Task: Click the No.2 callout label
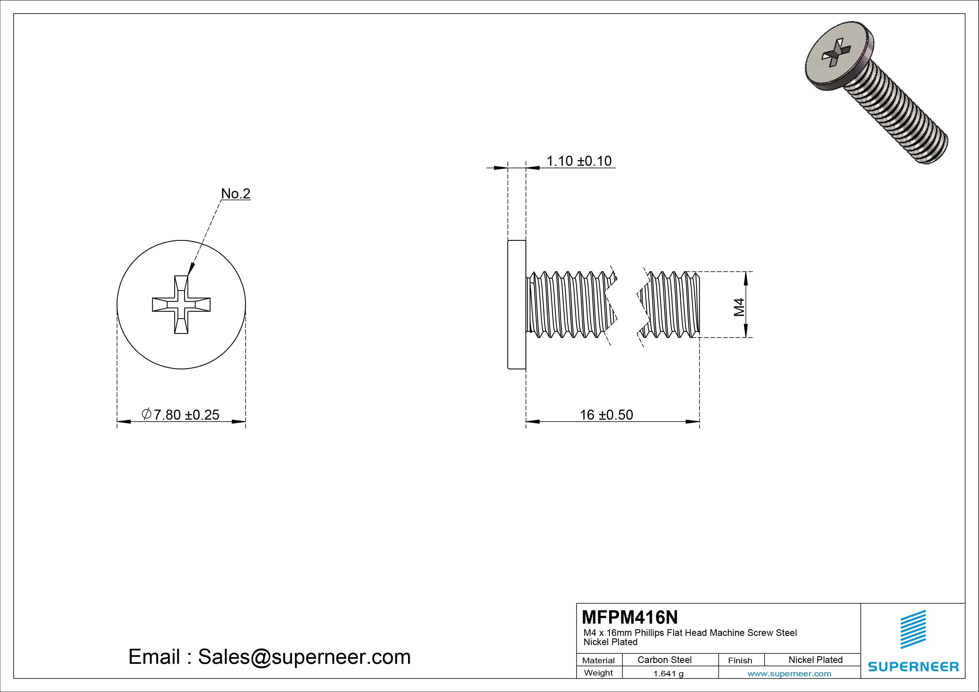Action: tap(235, 194)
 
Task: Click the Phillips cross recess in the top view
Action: tap(181, 304)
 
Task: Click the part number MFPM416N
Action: tap(629, 617)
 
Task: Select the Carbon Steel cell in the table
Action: tap(664, 660)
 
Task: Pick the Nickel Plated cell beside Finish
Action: tap(815, 660)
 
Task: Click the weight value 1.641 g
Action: tap(668, 674)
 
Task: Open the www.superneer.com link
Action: tap(789, 674)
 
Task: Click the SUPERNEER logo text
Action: tap(913, 666)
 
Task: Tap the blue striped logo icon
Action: tap(913, 629)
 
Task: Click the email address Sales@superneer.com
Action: tap(304, 657)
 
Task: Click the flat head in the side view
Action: tap(516, 304)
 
